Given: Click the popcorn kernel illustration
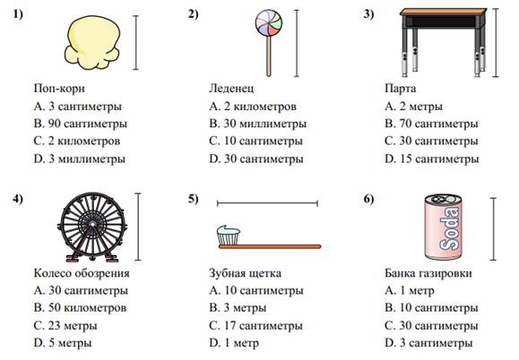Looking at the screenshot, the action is [92, 43].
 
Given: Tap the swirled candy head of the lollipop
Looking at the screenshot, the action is [269, 22].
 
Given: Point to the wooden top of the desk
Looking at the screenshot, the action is [443, 13].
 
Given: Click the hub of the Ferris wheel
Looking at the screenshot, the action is [92, 224].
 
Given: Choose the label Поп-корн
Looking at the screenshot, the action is [59, 89].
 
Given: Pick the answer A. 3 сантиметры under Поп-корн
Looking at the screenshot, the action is [78, 107].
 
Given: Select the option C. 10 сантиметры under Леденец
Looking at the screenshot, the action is [255, 141].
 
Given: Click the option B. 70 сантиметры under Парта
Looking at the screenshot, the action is [432, 124].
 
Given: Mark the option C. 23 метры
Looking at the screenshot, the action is [65, 326].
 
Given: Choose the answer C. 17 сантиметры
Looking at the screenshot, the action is [255, 326].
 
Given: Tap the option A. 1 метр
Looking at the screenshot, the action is [410, 290].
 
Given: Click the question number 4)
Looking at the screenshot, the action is [18, 199].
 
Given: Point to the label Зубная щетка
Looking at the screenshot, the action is [246, 273].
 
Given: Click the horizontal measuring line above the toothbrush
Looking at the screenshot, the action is [267, 203].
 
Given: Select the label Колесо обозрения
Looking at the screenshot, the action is [82, 273].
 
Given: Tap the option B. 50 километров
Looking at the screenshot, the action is [80, 308].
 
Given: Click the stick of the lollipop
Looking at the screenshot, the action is [269, 56].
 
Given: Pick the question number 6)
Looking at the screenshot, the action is [368, 199].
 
